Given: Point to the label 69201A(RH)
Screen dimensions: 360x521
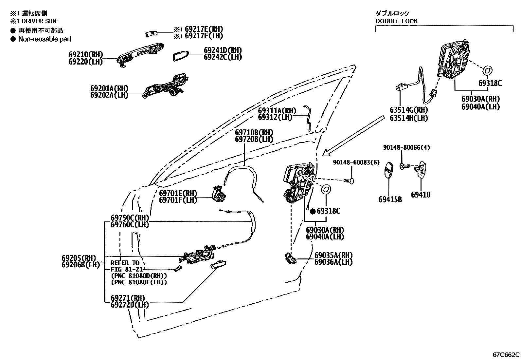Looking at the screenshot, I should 109,88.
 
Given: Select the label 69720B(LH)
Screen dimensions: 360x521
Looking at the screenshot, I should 254,139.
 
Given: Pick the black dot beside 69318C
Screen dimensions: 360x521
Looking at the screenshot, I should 313,211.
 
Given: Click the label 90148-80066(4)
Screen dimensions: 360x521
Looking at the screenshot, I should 406,147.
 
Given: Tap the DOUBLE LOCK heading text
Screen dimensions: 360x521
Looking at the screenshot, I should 396,21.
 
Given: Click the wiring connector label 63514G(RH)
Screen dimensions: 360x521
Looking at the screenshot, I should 409,110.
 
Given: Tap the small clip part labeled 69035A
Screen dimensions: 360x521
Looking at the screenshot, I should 290,258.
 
